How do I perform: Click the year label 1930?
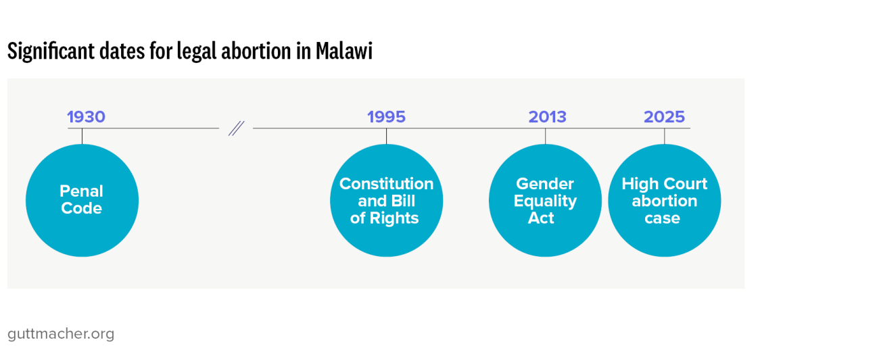[86, 117]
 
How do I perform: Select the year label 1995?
[386, 117]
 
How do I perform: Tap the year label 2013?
[547, 117]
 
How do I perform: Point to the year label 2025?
[664, 117]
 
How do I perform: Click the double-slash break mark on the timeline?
[236, 128]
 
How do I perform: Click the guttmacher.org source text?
[61, 334]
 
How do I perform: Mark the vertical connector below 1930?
[82, 136]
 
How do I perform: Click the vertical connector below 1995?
[386, 136]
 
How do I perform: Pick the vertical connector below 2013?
[545, 136]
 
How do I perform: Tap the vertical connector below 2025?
[664, 136]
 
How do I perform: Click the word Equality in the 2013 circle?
[545, 201]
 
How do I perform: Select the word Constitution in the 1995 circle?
[386, 184]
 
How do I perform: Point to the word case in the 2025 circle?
[662, 218]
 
